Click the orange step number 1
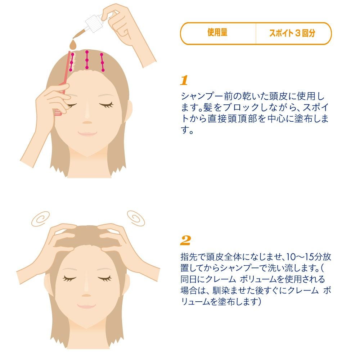[x=184, y=80]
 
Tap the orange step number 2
[x=185, y=240]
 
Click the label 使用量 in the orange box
[x=217, y=32]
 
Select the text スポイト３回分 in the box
[x=292, y=33]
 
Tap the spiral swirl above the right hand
[x=136, y=218]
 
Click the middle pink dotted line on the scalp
[x=87, y=60]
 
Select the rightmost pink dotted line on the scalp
[x=102, y=62]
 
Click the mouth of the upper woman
[x=87, y=134]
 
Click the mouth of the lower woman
[x=86, y=306]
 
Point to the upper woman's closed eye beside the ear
[x=106, y=105]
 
